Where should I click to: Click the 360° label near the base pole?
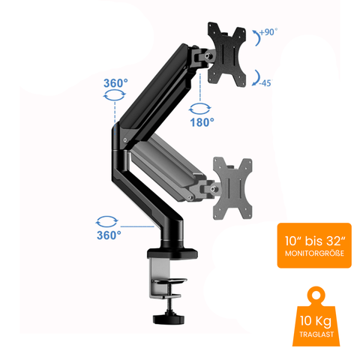pyautogui.click(x=108, y=235)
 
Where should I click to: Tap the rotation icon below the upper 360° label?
pyautogui.click(x=112, y=95)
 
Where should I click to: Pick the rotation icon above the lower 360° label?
pyautogui.click(x=108, y=220)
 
